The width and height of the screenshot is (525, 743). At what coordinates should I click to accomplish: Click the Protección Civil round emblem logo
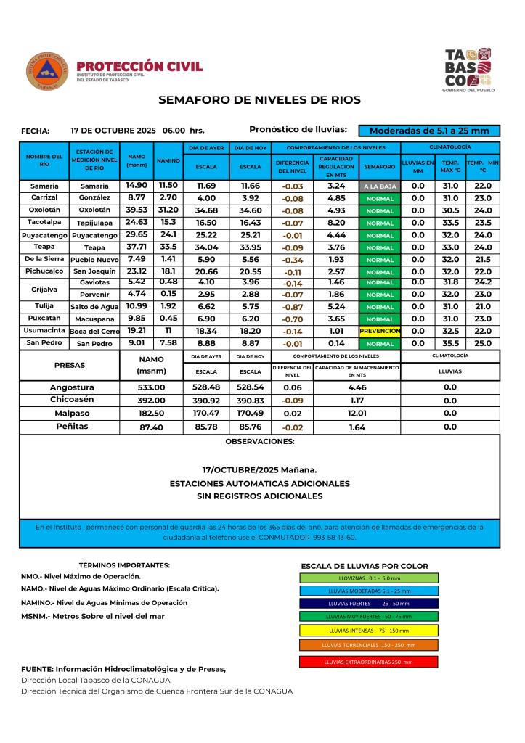point(48,71)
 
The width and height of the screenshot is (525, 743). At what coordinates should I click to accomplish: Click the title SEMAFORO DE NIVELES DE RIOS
point(259,99)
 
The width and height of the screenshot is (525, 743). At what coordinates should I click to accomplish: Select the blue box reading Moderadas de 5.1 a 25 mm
point(429,131)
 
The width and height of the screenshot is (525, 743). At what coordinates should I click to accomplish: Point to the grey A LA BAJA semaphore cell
point(380,186)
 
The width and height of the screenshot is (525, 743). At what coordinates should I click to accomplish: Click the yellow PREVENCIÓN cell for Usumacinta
point(380,330)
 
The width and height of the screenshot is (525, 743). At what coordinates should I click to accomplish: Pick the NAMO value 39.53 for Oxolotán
point(137,210)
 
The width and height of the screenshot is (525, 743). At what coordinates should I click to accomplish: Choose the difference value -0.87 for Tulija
point(293,307)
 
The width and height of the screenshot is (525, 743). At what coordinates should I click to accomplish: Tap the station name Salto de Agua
point(94,307)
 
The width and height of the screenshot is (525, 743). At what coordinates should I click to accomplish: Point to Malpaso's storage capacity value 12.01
point(357,413)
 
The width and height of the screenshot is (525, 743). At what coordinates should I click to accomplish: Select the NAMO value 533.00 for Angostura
point(152,387)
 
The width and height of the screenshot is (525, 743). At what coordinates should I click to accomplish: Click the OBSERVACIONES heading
point(259,440)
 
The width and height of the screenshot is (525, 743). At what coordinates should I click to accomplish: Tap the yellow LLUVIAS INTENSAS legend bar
point(368,630)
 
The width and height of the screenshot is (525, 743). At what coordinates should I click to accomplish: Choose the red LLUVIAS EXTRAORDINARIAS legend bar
point(368,662)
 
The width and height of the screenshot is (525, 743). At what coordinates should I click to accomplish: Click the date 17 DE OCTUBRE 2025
point(113,131)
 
